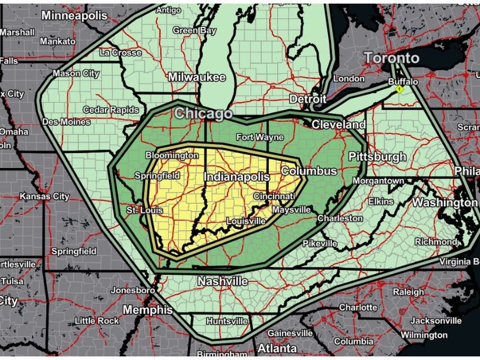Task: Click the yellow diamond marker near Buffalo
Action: (398, 89)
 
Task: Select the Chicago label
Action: (203, 113)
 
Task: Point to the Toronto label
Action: (392, 58)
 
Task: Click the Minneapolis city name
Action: (74, 16)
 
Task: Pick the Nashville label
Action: (223, 281)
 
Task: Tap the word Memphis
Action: (148, 310)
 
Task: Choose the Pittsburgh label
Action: (377, 157)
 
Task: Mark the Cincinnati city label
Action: (274, 196)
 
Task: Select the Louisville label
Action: (245, 221)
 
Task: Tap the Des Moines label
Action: (67, 122)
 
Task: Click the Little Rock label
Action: (97, 320)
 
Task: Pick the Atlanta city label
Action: (277, 348)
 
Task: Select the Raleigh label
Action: (408, 292)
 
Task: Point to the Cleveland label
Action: (338, 125)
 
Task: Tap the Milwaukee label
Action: (196, 77)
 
